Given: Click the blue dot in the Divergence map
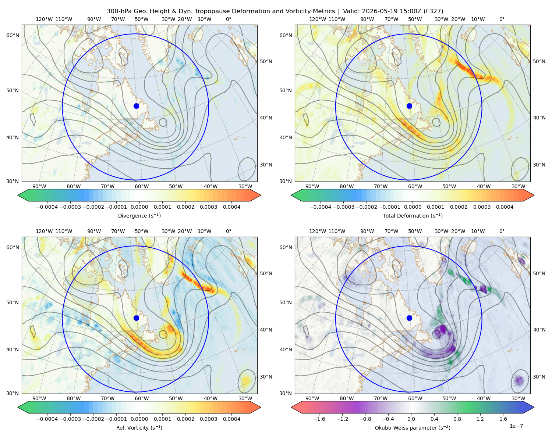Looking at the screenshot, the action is (x=136, y=106).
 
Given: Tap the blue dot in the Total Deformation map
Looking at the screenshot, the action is (x=409, y=106).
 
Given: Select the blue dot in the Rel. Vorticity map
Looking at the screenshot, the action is (x=136, y=318).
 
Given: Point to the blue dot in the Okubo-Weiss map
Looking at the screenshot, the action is (x=409, y=318).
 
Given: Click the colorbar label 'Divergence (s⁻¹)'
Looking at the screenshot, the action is (x=139, y=215).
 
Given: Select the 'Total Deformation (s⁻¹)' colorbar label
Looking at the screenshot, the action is (x=413, y=215).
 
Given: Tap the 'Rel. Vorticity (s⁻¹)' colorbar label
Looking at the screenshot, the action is (x=139, y=428).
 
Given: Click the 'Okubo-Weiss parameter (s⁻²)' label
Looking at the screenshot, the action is (x=413, y=428).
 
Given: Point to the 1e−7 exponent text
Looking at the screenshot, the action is (x=516, y=426).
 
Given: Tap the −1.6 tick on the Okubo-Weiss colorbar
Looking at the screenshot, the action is (x=319, y=419).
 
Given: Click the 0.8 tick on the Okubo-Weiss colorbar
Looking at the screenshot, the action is (x=457, y=419).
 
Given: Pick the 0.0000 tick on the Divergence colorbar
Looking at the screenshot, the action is (x=139, y=207).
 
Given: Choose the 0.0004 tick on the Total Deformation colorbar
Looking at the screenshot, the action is (x=505, y=207).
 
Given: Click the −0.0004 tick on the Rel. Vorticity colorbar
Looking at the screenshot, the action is (x=47, y=419).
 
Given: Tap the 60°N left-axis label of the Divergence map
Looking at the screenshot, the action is (x=13, y=35).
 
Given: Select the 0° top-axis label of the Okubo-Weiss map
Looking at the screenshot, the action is (x=502, y=231).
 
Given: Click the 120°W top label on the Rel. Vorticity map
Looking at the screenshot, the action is (x=44, y=231).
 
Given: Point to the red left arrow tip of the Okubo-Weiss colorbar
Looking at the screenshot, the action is (x=291, y=407).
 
